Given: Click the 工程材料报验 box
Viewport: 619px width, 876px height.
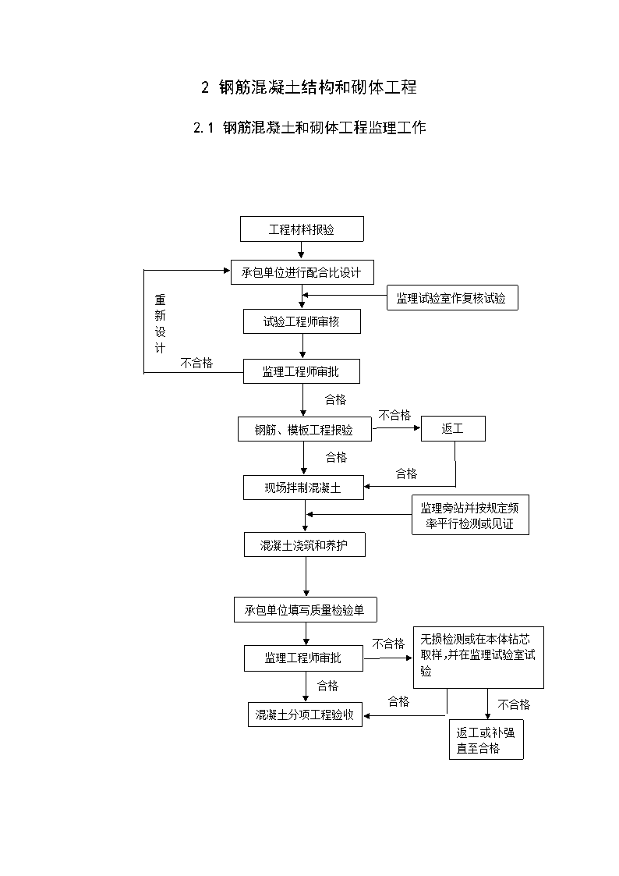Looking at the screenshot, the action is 302,229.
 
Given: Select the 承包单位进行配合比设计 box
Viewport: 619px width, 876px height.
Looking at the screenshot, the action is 302,272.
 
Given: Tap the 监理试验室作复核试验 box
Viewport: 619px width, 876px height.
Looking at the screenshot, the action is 452,298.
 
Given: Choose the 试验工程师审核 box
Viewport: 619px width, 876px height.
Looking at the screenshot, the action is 302,321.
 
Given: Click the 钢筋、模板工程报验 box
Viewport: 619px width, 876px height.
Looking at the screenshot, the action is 305,429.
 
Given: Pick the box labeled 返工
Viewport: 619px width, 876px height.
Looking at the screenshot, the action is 453,428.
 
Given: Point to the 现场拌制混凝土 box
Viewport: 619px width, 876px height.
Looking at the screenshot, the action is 303,488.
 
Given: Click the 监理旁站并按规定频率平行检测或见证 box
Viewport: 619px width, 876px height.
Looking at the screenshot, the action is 471,515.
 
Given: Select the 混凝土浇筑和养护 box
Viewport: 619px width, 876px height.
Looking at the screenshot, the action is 305,544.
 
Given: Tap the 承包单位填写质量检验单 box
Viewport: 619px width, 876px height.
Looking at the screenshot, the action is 306,609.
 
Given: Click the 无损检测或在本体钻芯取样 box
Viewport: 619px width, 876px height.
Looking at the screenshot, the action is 479,658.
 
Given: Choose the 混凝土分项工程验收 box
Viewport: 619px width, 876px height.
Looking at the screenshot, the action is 306,715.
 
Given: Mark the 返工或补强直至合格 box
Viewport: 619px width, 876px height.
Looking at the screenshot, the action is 486,739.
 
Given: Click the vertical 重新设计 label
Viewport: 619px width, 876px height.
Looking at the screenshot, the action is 160,324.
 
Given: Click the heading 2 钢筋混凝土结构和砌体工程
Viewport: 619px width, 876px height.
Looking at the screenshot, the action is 309,87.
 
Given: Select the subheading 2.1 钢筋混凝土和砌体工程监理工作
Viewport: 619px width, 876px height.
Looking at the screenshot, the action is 309,128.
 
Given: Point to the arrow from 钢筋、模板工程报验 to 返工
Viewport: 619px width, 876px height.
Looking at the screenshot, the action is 396,428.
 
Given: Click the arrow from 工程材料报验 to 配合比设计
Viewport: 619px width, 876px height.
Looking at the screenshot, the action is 302,251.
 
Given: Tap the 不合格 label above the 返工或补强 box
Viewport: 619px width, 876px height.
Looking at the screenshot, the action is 514,704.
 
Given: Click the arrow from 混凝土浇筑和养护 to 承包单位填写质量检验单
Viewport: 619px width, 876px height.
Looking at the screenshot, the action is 306,577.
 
